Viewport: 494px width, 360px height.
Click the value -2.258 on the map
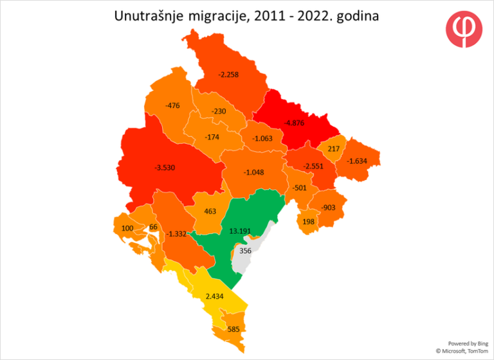pos(228,75)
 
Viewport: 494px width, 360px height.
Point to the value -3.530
pos(165,168)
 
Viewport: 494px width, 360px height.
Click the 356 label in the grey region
pos(245,251)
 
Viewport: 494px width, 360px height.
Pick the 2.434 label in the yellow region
pos(215,296)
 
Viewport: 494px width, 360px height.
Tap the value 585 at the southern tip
pos(234,330)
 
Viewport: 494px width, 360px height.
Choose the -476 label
pos(172,105)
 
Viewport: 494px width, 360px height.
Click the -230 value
pos(219,111)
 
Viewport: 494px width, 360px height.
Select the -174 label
pos(212,138)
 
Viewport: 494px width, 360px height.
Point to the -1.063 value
pos(262,139)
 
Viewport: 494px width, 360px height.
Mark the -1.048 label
pos(254,172)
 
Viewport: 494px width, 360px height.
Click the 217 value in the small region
pos(333,148)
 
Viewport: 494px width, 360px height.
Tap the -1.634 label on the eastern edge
pos(358,161)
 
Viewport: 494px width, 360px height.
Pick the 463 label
pos(210,211)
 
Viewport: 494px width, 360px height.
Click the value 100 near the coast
pos(127,228)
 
